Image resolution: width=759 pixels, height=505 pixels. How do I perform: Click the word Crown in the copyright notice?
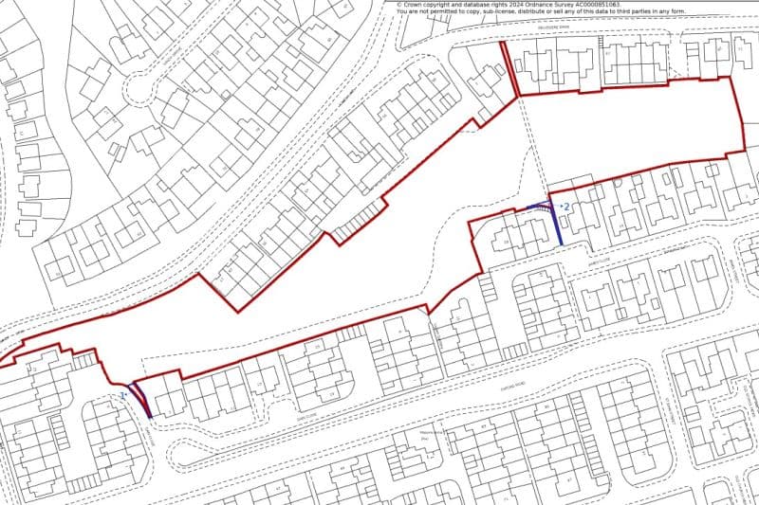coord(417,5)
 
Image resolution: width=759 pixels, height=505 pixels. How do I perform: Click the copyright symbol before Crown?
coord(400,5)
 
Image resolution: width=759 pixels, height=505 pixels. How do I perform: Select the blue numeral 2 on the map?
coord(566,206)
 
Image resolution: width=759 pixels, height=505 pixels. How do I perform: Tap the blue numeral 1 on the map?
coord(121,392)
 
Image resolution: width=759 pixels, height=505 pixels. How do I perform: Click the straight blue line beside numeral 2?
coord(558,225)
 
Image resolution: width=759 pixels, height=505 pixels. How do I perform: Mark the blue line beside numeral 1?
coord(143,402)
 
